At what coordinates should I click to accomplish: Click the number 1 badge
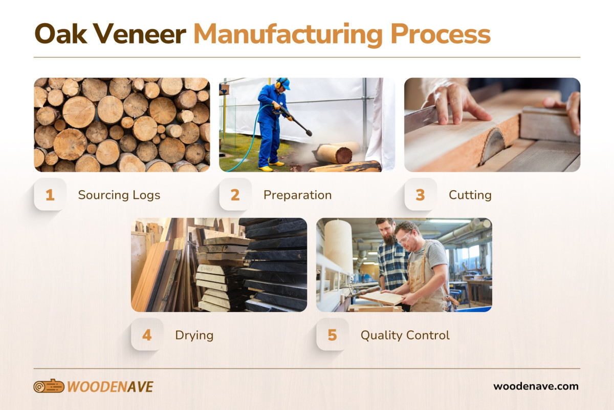tap(50, 195)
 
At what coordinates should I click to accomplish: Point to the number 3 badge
tap(421, 195)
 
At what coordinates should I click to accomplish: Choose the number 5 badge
tap(333, 335)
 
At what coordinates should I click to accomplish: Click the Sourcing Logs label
tap(119, 195)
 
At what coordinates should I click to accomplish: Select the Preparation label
tap(297, 195)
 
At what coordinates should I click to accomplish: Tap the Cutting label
tap(470, 195)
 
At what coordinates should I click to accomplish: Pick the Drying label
tap(194, 336)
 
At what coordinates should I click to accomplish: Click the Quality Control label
tap(405, 336)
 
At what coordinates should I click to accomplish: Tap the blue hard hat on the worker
tap(283, 83)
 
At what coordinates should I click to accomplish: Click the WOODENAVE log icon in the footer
tap(49, 386)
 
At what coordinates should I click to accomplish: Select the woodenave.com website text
tap(536, 386)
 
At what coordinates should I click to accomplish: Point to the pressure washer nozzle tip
tap(309, 134)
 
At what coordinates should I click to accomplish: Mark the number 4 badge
tap(147, 335)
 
